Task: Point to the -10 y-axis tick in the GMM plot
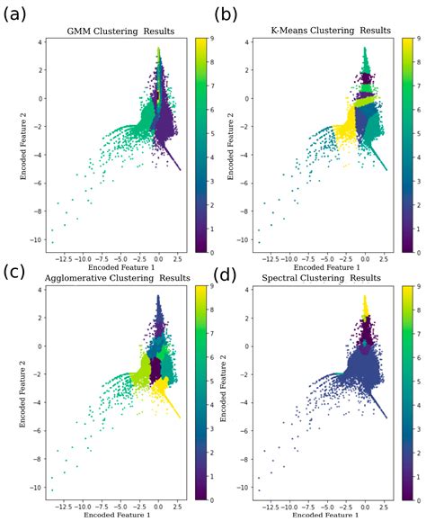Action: click(x=38, y=241)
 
